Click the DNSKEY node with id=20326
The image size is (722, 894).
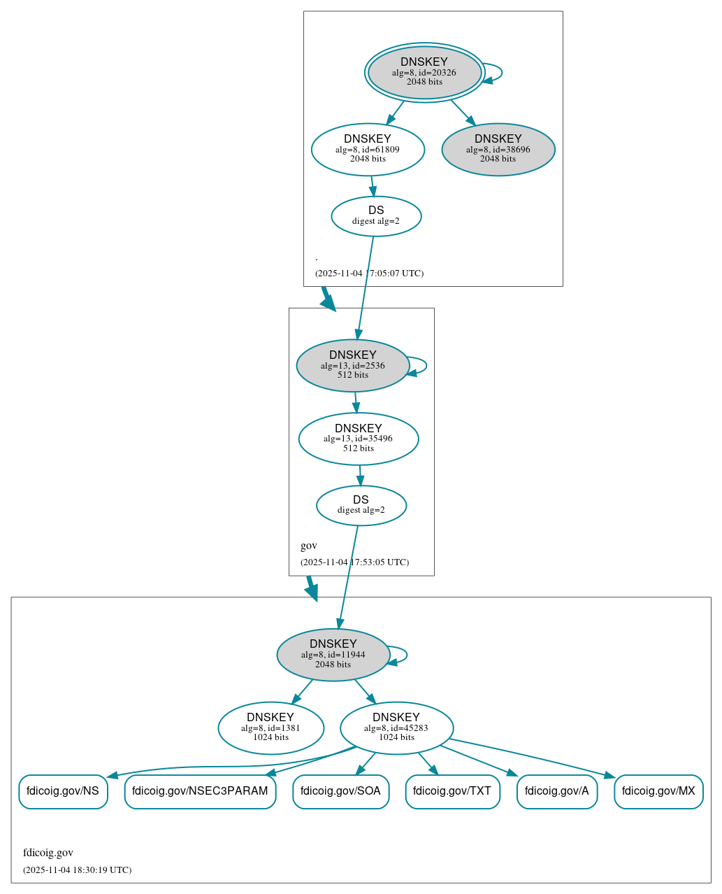[424, 72]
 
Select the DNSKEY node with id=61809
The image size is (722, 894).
[368, 149]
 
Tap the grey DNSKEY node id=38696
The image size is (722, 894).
[498, 149]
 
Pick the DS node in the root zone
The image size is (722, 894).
[376, 216]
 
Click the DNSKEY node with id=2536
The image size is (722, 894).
[353, 365]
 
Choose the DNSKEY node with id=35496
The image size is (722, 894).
[359, 439]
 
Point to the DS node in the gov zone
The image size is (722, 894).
[361, 505]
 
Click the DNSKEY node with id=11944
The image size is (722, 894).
[333, 655]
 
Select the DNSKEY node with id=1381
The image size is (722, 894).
[271, 728]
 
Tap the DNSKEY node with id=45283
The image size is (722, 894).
[396, 728]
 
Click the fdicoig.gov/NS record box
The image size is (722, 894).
[63, 791]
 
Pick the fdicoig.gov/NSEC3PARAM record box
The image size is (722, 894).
[200, 791]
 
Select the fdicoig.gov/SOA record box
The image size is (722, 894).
[340, 791]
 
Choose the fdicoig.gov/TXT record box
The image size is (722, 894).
[452, 791]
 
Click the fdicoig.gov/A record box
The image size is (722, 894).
[557, 791]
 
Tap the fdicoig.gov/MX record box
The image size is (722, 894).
[658, 791]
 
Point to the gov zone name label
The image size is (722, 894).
[309, 546]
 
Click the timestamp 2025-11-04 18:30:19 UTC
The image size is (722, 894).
[77, 870]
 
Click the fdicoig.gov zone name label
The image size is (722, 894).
[48, 853]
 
